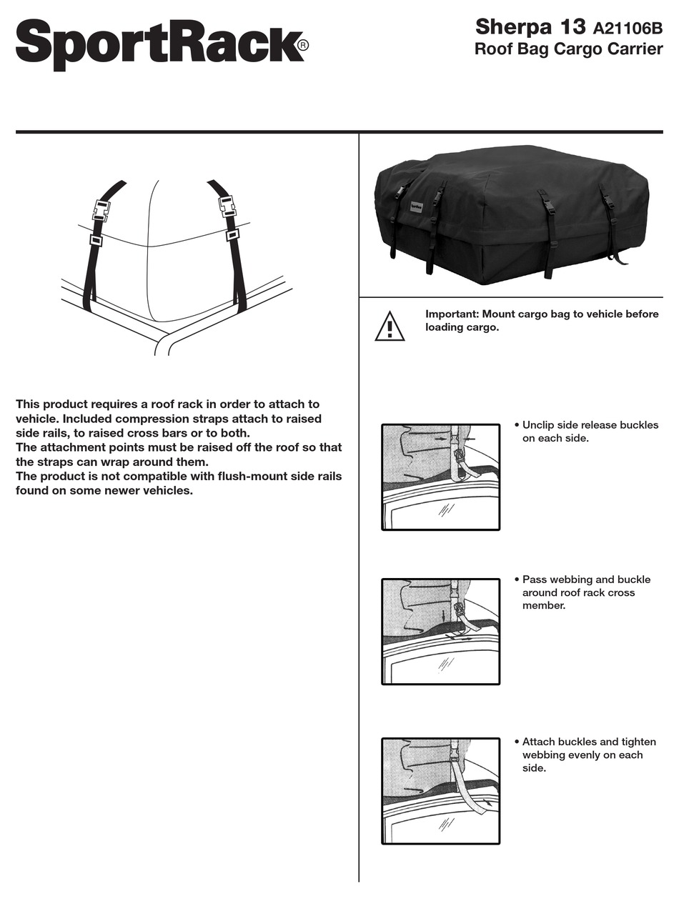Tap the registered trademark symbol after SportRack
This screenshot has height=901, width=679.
(x=303, y=45)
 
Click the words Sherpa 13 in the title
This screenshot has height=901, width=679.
(x=530, y=27)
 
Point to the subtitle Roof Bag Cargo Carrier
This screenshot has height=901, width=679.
(x=568, y=50)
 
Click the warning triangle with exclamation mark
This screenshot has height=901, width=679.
(x=390, y=327)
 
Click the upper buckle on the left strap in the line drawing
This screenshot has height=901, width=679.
(x=102, y=210)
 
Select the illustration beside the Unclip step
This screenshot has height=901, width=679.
(x=440, y=477)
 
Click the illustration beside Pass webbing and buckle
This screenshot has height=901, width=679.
(x=440, y=632)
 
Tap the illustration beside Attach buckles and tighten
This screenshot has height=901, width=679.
(x=440, y=791)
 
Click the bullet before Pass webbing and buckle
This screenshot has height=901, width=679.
(x=517, y=579)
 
